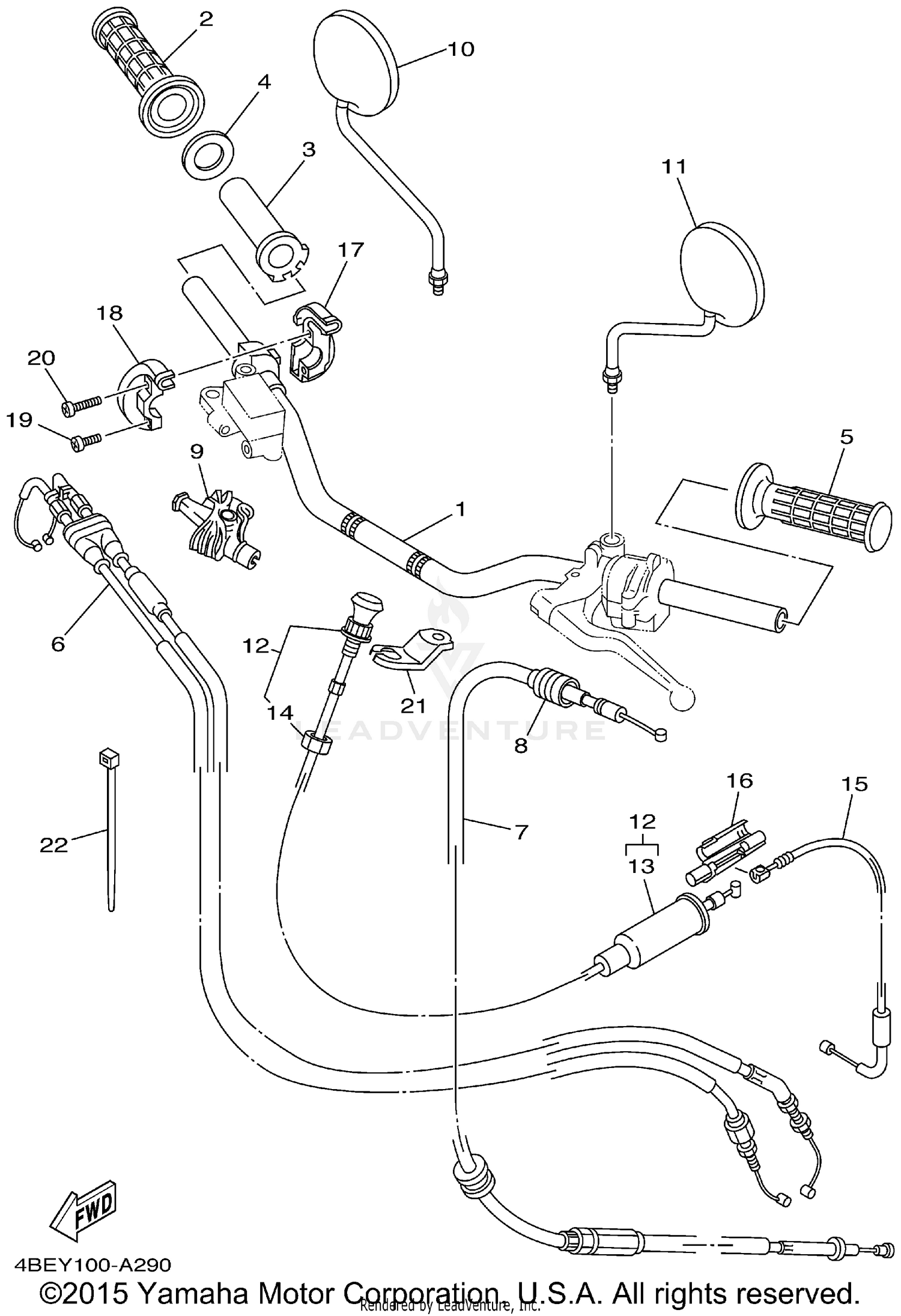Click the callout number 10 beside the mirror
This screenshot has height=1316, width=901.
pyautogui.click(x=461, y=49)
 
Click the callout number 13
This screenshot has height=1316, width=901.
pyautogui.click(x=642, y=866)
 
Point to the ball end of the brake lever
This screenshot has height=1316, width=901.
pyautogui.click(x=683, y=697)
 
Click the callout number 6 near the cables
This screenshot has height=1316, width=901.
pyautogui.click(x=58, y=644)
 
